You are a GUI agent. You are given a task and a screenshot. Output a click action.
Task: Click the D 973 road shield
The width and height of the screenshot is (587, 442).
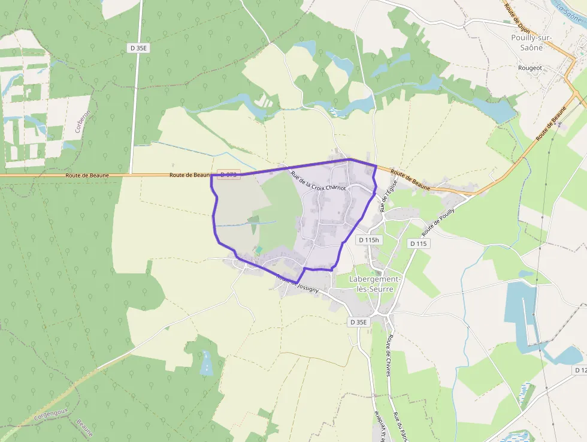pyautogui.click(x=229, y=175)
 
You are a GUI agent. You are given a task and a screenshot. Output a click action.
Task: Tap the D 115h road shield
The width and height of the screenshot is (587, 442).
pyautogui.click(x=368, y=240)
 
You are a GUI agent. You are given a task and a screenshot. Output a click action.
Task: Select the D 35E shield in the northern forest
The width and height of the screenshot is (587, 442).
pyautogui.click(x=138, y=47)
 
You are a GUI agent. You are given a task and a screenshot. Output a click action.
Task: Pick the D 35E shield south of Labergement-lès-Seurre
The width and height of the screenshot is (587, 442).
pyautogui.click(x=358, y=322)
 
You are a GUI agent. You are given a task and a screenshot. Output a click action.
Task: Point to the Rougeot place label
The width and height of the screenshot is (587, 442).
pyautogui.click(x=530, y=68)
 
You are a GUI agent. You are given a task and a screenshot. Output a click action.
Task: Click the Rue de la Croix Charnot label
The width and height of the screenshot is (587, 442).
pyautogui.click(x=319, y=181)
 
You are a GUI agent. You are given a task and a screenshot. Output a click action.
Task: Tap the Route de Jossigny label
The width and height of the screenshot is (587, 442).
pyautogui.click(x=297, y=284)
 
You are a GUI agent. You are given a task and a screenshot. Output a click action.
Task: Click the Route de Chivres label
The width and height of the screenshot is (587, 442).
pyautogui.click(x=389, y=355)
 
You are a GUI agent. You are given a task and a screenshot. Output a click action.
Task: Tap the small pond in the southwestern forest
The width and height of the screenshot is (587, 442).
pyautogui.click(x=207, y=363)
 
